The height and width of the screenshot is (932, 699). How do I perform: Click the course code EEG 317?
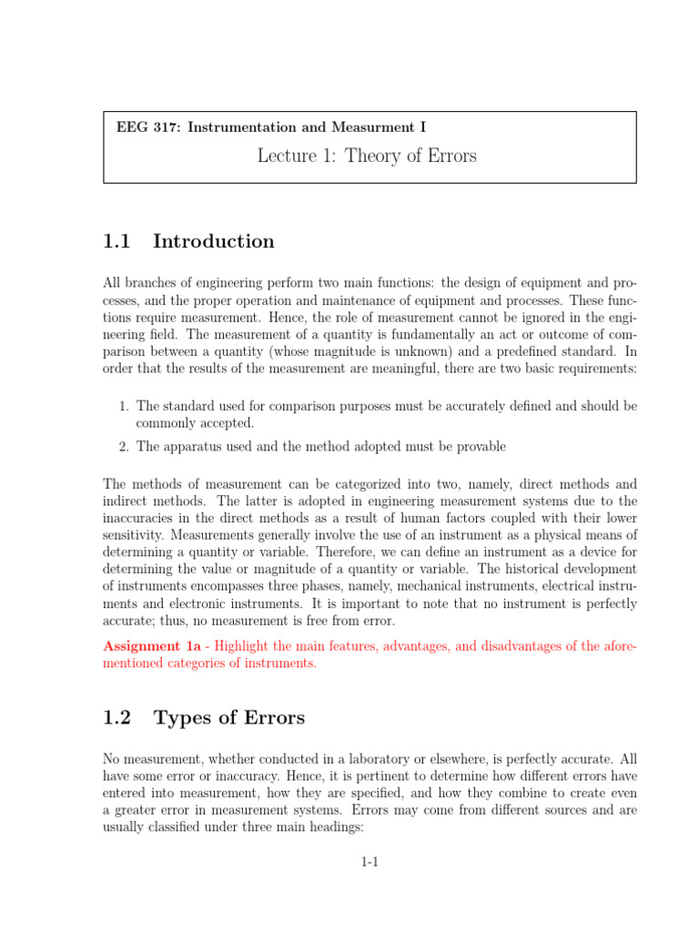click(147, 127)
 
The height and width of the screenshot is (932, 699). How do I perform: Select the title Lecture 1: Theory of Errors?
click(367, 156)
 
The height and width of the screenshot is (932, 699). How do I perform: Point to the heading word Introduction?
click(214, 241)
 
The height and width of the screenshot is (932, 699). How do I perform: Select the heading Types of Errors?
click(229, 718)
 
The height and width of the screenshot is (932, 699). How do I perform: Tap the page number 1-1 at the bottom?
click(369, 863)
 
